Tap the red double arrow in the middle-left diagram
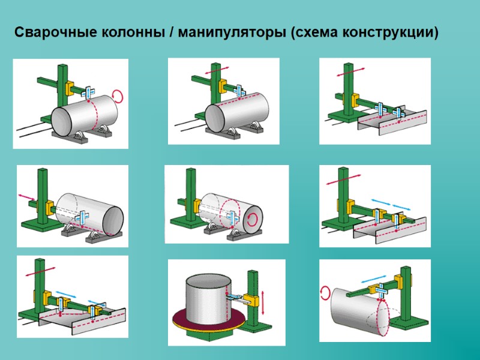click(27, 197)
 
